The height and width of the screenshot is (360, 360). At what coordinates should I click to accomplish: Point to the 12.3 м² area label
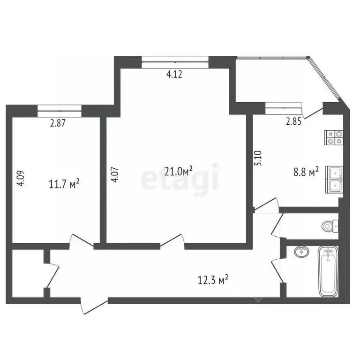tap(213, 280)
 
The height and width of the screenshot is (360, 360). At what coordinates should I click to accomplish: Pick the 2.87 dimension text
tap(58, 124)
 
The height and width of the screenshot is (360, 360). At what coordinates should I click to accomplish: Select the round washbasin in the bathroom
tap(302, 252)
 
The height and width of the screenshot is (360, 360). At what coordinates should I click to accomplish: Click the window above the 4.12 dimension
tap(175, 60)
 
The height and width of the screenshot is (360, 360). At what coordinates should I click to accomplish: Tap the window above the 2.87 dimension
tap(59, 110)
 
